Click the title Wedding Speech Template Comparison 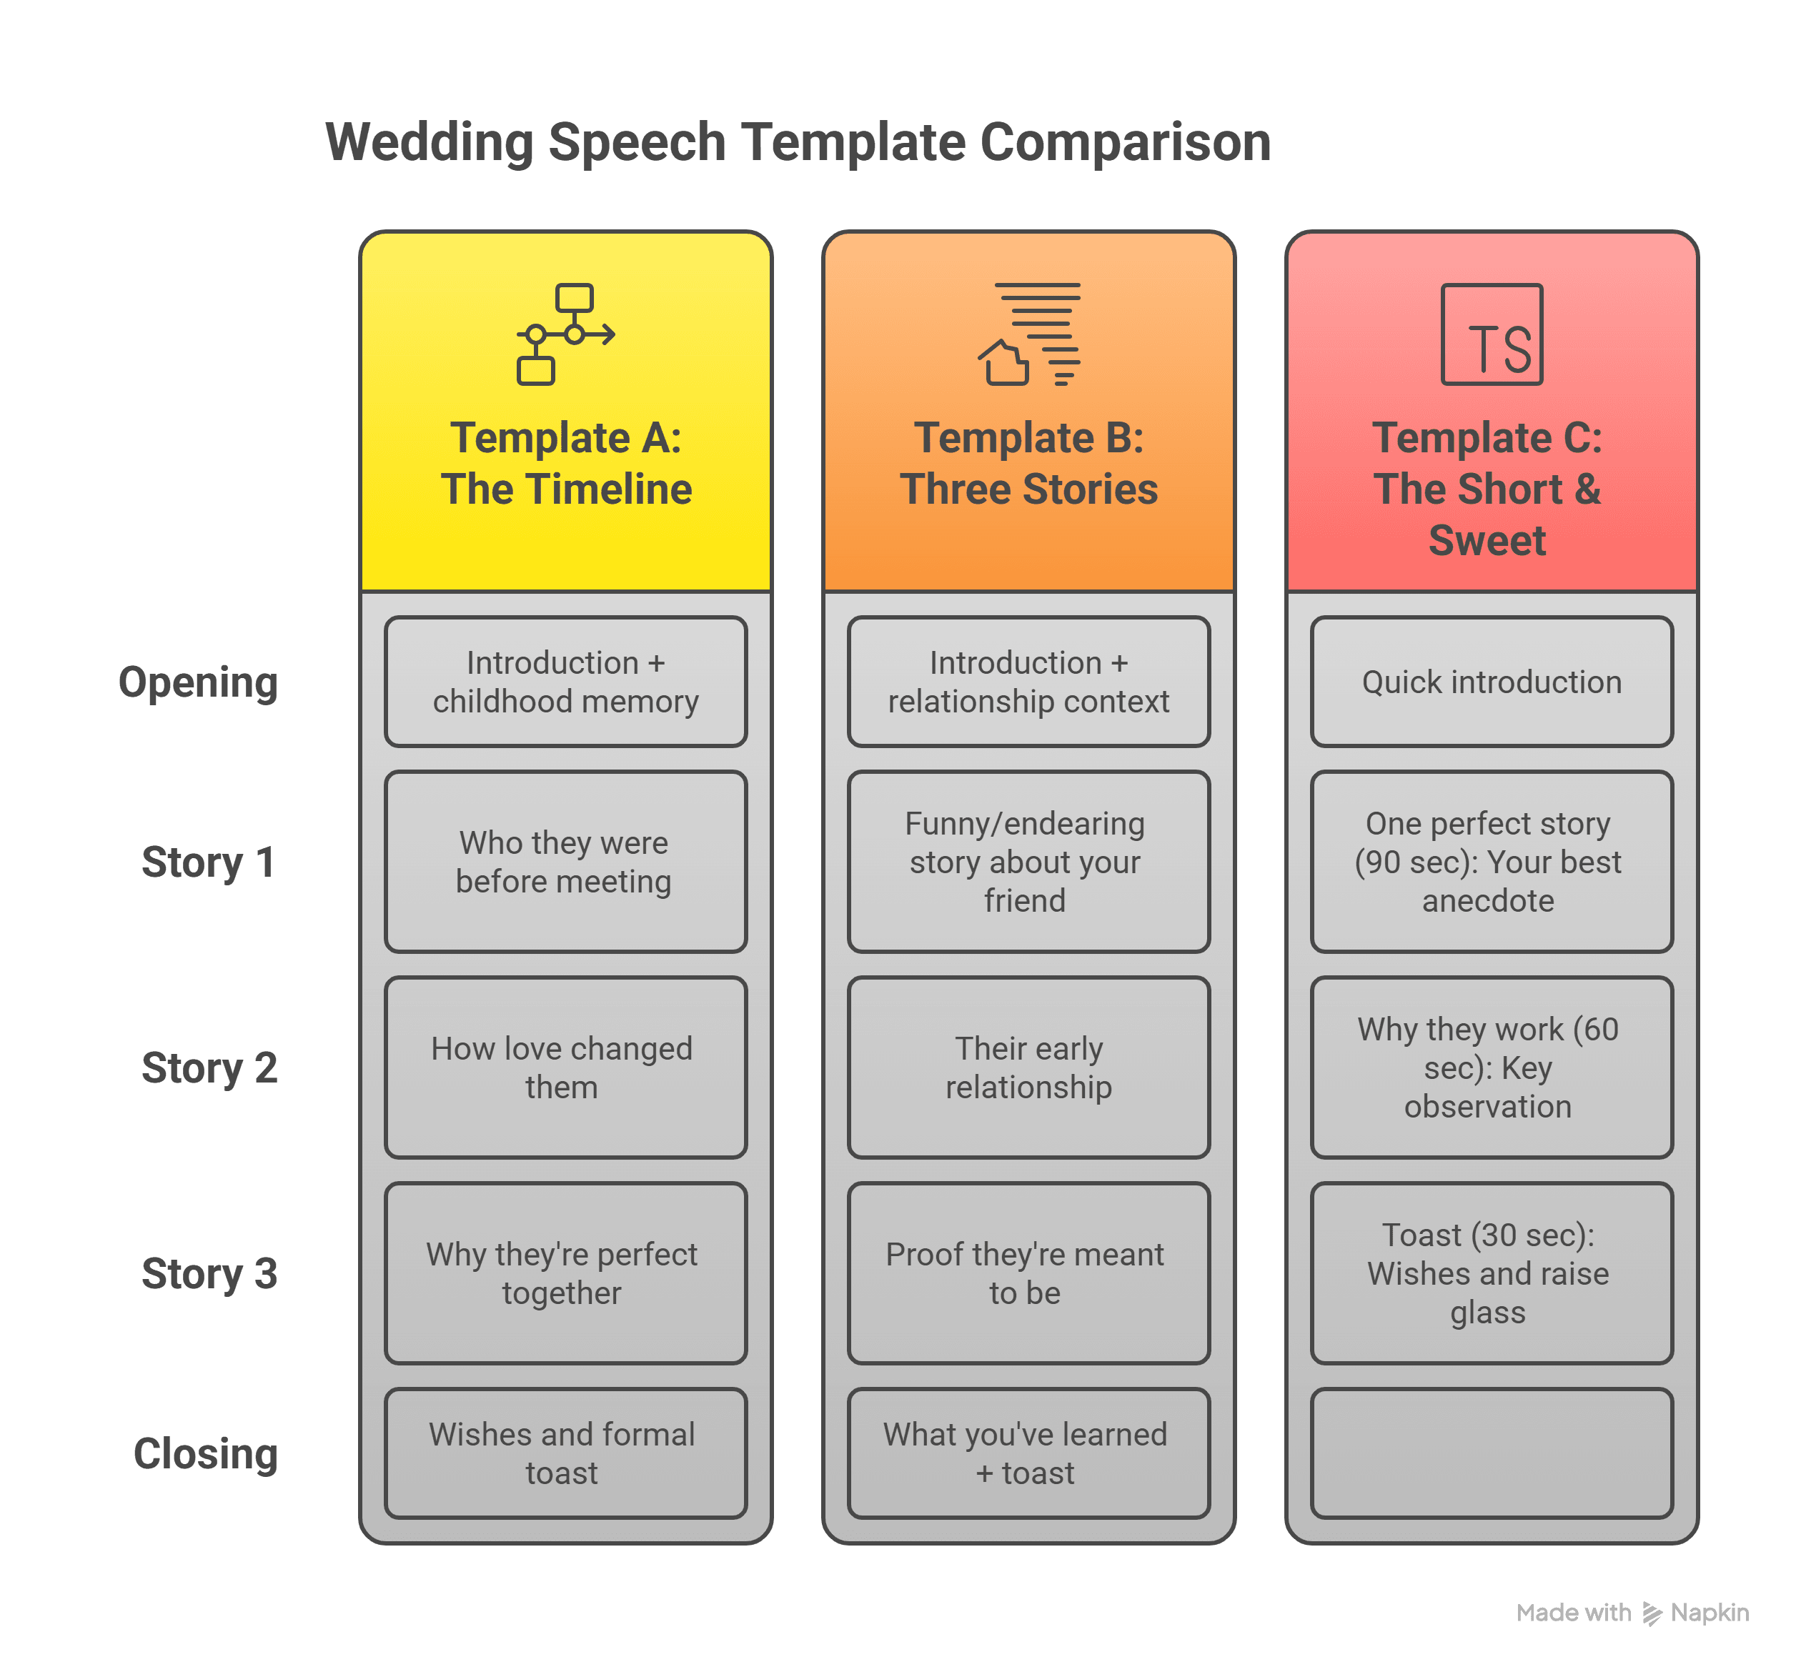(x=798, y=142)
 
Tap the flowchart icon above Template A (x=565, y=335)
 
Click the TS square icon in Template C (x=1492, y=335)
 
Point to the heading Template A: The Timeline (x=565, y=463)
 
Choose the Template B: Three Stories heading (x=1029, y=463)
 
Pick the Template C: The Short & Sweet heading (x=1487, y=489)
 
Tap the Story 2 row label (x=209, y=1068)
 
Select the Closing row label (x=205, y=1454)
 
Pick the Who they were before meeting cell (x=565, y=861)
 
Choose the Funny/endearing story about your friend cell (x=1029, y=861)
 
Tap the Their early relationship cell (x=1029, y=1068)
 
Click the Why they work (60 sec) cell (x=1492, y=1068)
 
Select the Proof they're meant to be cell (x=1029, y=1273)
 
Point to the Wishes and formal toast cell (x=565, y=1454)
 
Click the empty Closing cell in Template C (x=1492, y=1454)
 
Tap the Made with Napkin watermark (x=1632, y=1612)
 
